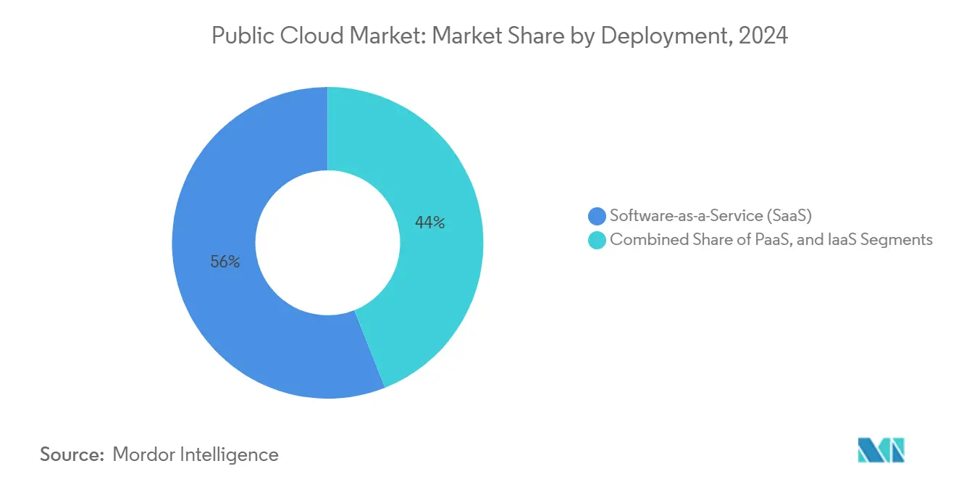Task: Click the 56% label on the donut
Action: tap(225, 262)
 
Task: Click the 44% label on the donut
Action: tap(429, 223)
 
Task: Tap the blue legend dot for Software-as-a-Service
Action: tap(597, 216)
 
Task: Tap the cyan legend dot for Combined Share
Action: tap(597, 240)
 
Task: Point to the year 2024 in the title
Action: tap(764, 36)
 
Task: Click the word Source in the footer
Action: tap(72, 454)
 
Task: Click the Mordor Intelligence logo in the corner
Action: tap(881, 451)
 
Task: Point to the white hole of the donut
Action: tap(327, 243)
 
